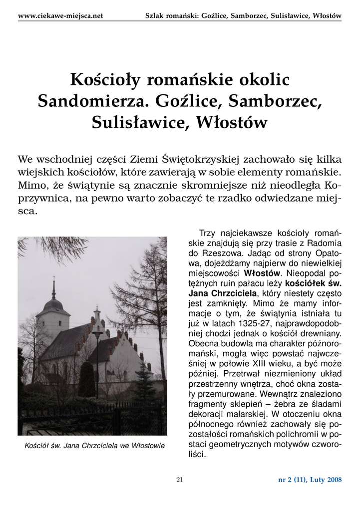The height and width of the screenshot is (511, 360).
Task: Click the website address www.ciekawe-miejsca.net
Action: pyautogui.click(x=60, y=15)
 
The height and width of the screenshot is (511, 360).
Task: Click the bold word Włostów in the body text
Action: pyautogui.click(x=262, y=273)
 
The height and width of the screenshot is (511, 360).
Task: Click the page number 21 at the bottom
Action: pyautogui.click(x=180, y=480)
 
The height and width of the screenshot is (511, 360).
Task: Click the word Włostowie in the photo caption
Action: pyautogui.click(x=148, y=445)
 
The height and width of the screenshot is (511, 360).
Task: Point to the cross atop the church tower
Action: pyautogui.click(x=54, y=279)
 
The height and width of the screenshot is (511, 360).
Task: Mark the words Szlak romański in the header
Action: pyautogui.click(x=170, y=15)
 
